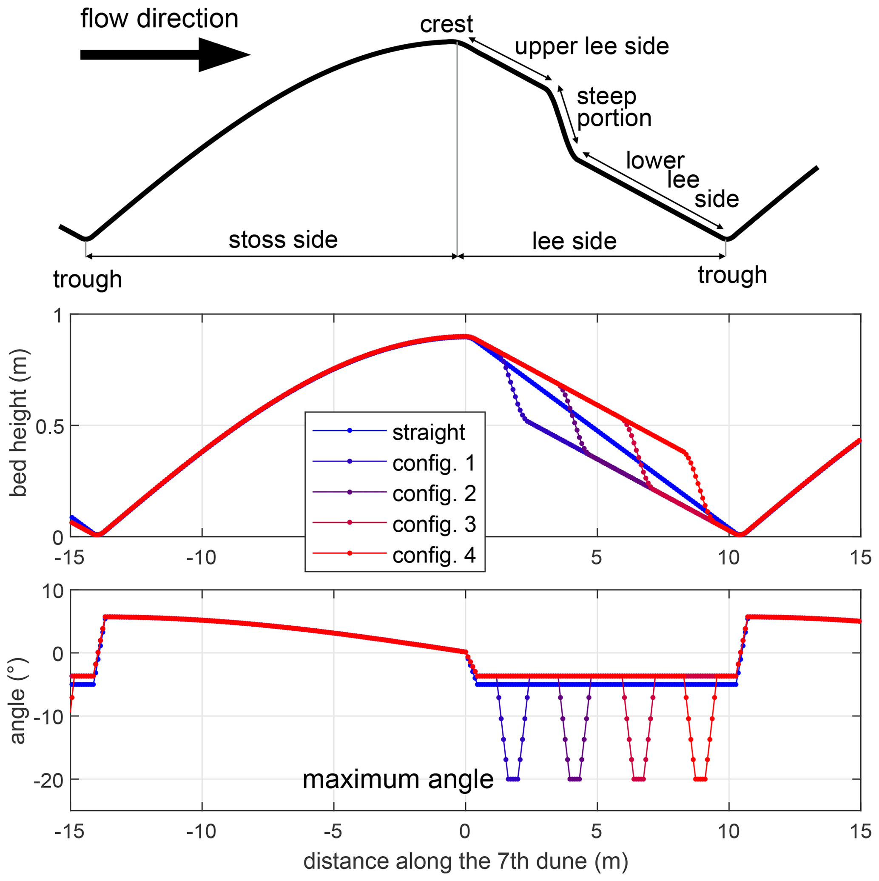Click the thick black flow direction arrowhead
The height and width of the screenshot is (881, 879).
[223, 55]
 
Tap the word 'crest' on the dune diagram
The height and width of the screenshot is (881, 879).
[447, 24]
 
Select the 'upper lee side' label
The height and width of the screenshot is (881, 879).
[592, 46]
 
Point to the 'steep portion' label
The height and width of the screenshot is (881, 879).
[614, 107]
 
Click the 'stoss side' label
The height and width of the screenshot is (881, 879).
[283, 240]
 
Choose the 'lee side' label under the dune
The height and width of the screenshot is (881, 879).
[574, 241]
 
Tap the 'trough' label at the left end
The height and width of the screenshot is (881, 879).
[88, 279]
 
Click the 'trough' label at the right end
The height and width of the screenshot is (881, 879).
[732, 275]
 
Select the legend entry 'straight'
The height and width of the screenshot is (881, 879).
[429, 432]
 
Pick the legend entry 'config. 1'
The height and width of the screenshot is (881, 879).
[434, 463]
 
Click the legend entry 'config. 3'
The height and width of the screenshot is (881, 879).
[434, 525]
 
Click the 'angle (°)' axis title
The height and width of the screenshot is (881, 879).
[18, 702]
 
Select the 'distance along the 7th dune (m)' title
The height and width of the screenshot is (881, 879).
[466, 861]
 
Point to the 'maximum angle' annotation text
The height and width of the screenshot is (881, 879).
[398, 779]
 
